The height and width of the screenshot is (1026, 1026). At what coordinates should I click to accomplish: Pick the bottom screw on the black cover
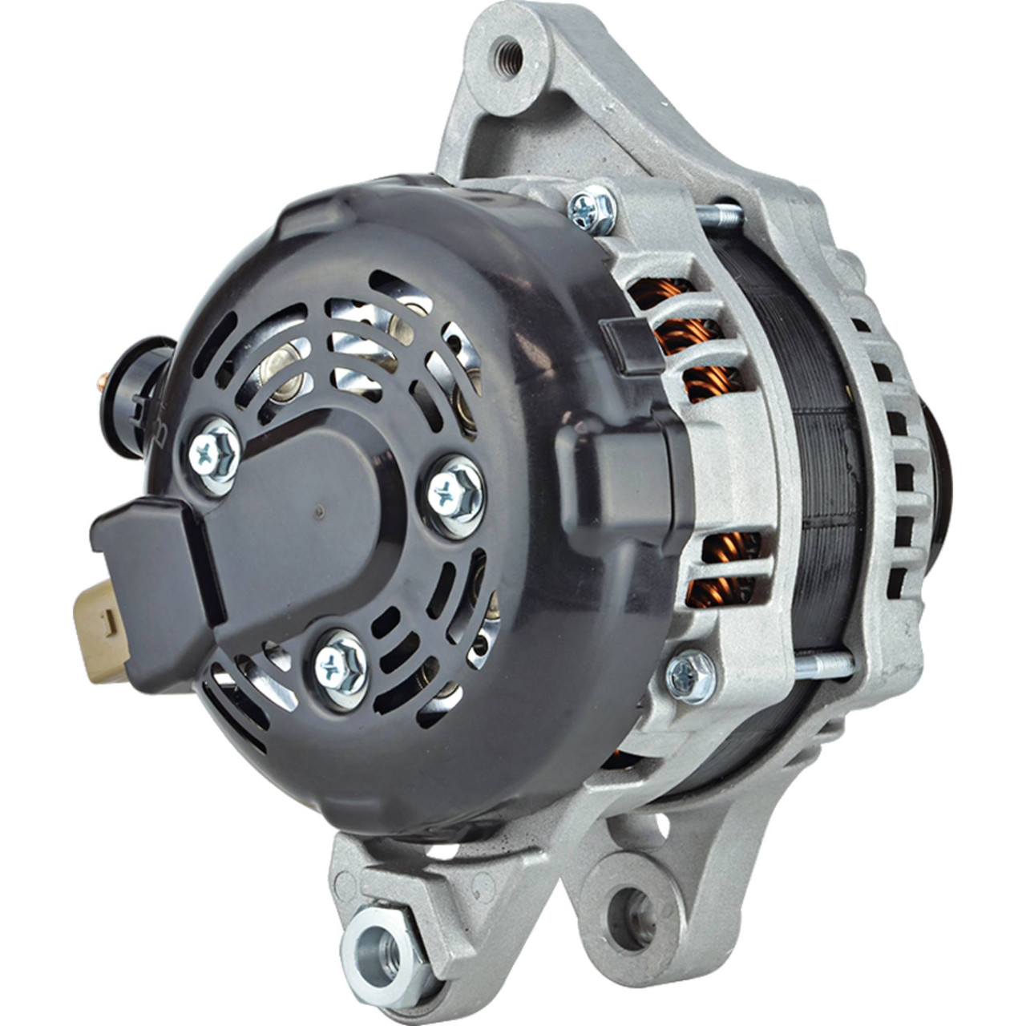click(x=341, y=662)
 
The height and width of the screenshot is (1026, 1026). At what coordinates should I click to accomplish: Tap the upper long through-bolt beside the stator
click(x=721, y=214)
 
